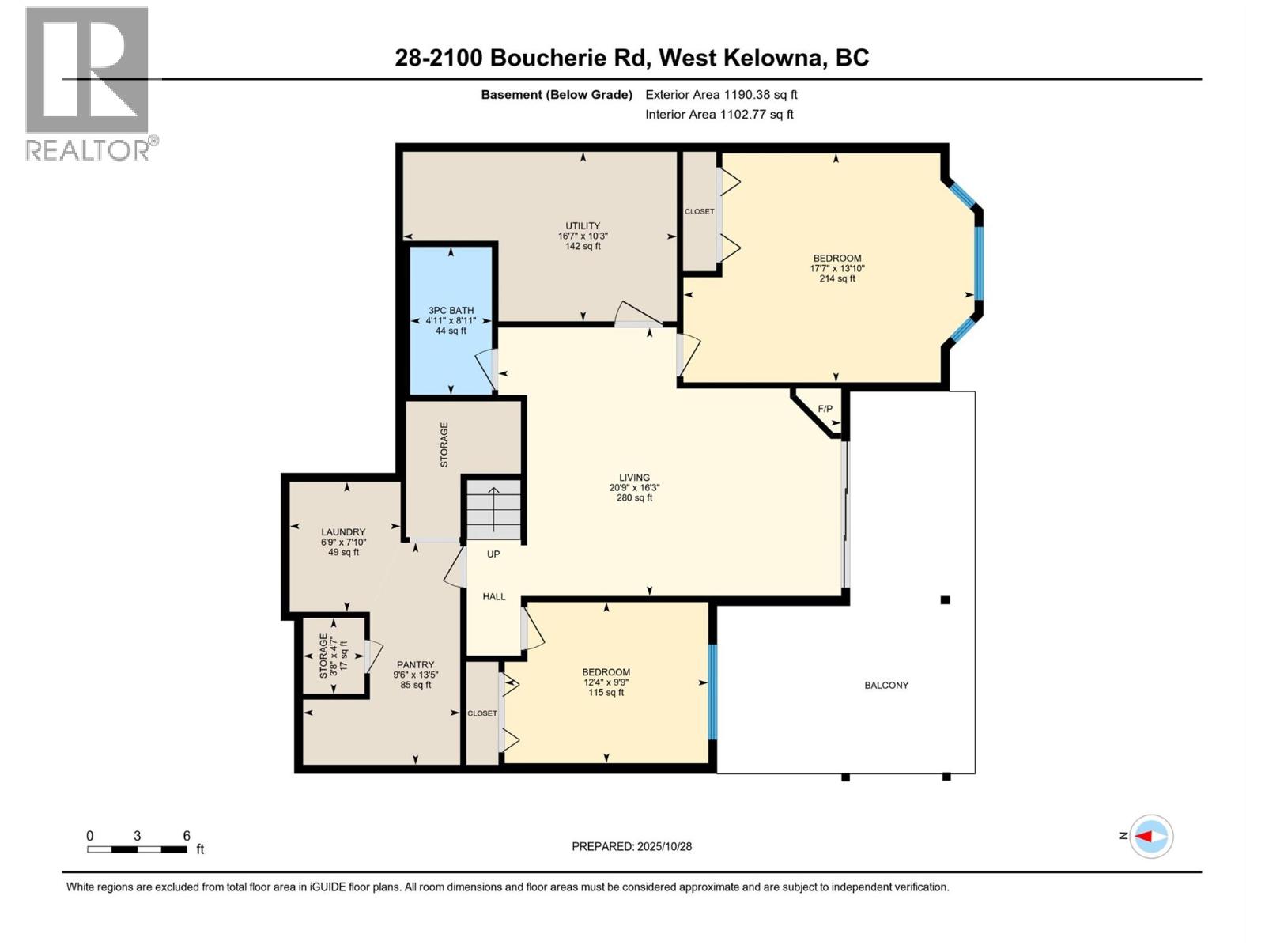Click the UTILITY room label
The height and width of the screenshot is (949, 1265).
(583, 226)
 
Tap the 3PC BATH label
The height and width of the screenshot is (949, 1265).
(451, 311)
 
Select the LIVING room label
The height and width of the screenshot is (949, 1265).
(634, 478)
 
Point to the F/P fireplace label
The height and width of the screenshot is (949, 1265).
(825, 409)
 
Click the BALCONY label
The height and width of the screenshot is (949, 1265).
(886, 686)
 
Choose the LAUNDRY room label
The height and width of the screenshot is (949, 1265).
(343, 532)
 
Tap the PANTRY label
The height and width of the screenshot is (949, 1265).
(415, 665)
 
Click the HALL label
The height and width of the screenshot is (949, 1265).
(494, 597)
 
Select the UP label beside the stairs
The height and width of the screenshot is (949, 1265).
(493, 554)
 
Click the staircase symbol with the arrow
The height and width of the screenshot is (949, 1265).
(493, 510)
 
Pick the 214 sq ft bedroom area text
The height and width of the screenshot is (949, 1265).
(837, 278)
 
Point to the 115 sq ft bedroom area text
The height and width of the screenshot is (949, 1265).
(606, 693)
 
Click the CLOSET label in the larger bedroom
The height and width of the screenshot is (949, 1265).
(699, 212)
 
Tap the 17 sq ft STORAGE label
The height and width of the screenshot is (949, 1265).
(333, 656)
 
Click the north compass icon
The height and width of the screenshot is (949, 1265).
(1150, 836)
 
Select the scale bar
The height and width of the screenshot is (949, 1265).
(138, 849)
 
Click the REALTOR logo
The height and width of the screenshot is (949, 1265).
(89, 83)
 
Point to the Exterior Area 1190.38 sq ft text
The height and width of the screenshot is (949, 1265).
(721, 95)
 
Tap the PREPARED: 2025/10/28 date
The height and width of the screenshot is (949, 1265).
(632, 846)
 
